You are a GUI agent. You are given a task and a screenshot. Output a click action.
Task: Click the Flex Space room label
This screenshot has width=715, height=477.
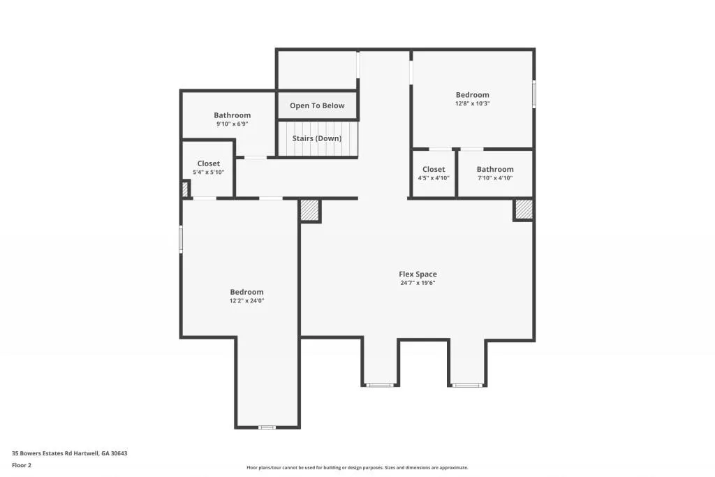click(418, 274)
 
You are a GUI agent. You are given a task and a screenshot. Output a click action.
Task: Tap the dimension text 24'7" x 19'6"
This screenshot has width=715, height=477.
click(418, 284)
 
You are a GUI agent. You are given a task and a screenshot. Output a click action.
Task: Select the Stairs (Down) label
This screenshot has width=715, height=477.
click(317, 138)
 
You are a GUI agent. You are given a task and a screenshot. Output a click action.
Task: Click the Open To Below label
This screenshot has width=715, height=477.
click(317, 105)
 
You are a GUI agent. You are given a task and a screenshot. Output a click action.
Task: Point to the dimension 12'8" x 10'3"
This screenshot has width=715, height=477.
click(473, 103)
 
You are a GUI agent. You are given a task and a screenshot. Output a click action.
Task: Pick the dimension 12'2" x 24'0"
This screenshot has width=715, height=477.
click(247, 301)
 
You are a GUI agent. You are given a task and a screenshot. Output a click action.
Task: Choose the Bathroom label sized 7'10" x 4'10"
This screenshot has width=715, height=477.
click(495, 169)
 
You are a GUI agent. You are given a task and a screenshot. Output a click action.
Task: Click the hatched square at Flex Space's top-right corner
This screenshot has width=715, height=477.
click(524, 210)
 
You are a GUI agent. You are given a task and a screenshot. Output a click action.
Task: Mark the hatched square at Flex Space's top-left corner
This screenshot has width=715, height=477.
click(310, 211)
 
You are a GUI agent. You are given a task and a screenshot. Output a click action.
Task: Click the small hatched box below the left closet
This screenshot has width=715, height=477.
click(185, 189)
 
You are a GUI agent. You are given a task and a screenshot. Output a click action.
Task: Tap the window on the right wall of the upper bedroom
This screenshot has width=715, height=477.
click(534, 94)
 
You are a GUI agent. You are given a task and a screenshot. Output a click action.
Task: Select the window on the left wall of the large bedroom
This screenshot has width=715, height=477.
click(181, 239)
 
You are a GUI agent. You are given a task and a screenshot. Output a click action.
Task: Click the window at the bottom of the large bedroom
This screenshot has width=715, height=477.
click(267, 427)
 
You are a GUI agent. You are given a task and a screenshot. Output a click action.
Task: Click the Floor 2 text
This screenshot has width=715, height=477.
click(22, 464)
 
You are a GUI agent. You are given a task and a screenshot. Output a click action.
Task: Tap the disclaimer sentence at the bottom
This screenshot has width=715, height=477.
click(357, 468)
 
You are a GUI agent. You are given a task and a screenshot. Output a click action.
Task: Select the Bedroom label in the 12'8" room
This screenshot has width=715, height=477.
click(473, 94)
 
